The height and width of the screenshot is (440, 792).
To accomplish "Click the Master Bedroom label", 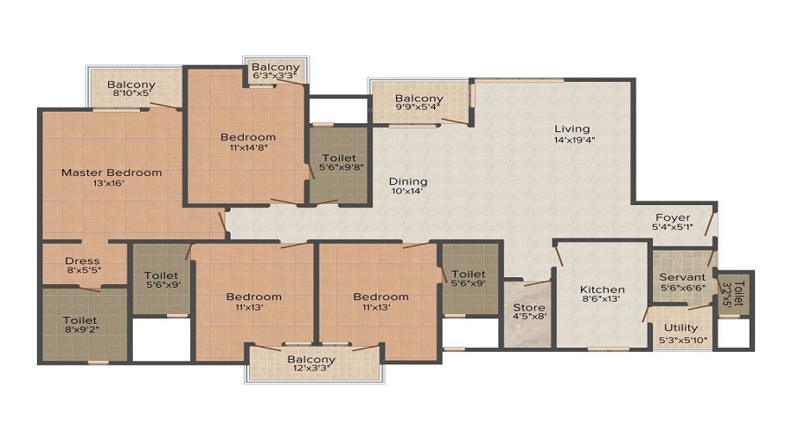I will (x=112, y=172).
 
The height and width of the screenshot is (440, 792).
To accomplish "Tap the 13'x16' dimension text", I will (x=112, y=185).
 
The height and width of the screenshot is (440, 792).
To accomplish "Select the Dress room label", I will (x=82, y=261).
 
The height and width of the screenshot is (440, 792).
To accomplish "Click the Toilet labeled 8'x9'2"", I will (x=80, y=326).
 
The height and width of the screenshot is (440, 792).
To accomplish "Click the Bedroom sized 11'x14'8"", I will (x=247, y=143).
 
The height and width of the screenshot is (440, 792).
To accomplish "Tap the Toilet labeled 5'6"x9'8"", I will (x=340, y=162).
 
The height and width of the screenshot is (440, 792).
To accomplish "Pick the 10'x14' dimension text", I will (x=407, y=191).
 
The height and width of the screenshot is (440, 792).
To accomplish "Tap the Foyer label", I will (x=673, y=217).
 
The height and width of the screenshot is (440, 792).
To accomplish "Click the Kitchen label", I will (x=603, y=290).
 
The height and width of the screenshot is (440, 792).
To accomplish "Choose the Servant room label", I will (x=682, y=277).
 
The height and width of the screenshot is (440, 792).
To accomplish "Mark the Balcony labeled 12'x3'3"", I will (x=312, y=364).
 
